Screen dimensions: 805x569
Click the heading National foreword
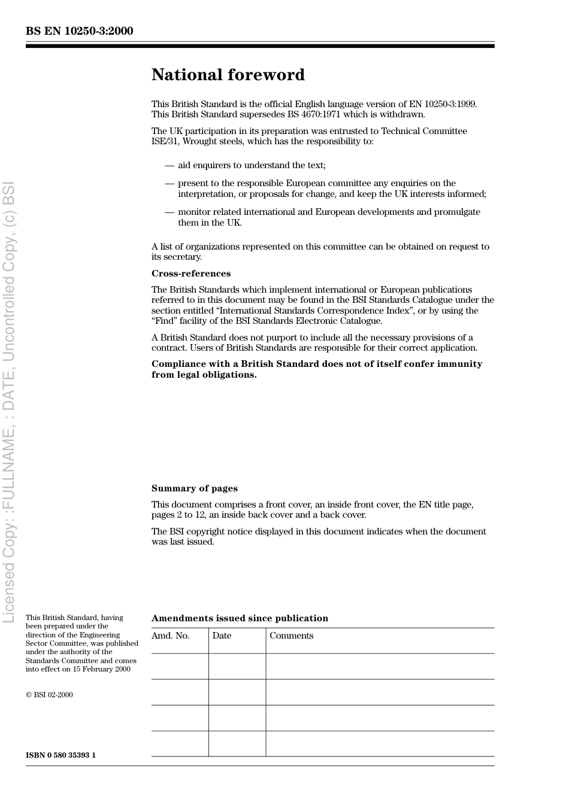(x=228, y=75)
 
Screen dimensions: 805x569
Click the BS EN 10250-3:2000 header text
(x=79, y=31)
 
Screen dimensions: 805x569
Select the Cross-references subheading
(x=190, y=274)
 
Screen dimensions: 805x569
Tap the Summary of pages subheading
(x=194, y=488)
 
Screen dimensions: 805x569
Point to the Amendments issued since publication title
(x=240, y=618)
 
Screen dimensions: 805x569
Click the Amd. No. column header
(x=170, y=636)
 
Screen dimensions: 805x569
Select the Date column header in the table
(x=222, y=636)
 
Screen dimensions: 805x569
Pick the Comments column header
(x=291, y=636)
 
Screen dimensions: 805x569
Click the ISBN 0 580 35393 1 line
(x=60, y=755)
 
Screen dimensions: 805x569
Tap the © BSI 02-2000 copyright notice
(x=49, y=695)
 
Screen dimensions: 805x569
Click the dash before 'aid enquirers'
(x=170, y=165)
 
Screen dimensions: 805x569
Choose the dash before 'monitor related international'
(x=170, y=212)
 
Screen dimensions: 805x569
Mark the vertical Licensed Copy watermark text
(x=9, y=401)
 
